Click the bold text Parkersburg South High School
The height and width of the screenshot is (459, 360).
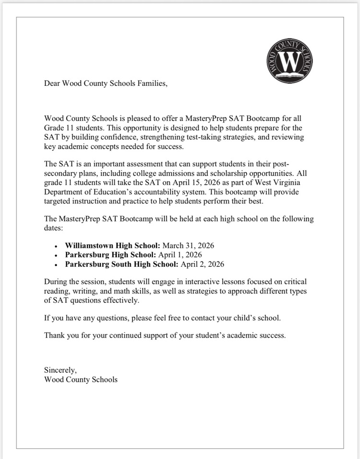pyautogui.click(x=122, y=264)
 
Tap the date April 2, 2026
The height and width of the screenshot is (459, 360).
pyautogui.click(x=202, y=264)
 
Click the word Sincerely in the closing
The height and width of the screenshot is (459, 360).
pyautogui.click(x=60, y=370)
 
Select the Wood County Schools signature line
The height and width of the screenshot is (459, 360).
pyautogui.click(x=81, y=379)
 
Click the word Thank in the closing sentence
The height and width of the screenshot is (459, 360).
pyautogui.click(x=54, y=335)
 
